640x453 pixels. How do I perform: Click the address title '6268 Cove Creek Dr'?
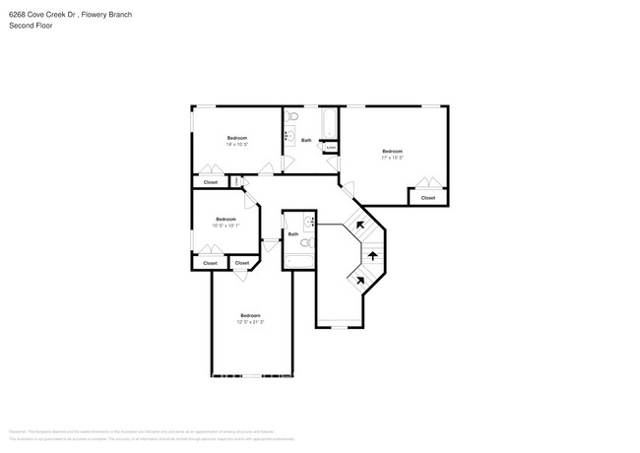pyautogui.click(x=39, y=16)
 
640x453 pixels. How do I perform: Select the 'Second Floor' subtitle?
pyautogui.click(x=31, y=26)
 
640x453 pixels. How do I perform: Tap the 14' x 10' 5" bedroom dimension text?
pyautogui.click(x=237, y=145)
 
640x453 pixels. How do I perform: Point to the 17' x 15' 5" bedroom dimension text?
pyautogui.click(x=392, y=157)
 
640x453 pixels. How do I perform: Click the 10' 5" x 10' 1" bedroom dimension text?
pyautogui.click(x=225, y=226)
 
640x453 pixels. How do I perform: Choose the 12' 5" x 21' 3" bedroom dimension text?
pyautogui.click(x=249, y=321)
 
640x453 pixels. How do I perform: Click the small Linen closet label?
pyautogui.click(x=331, y=150)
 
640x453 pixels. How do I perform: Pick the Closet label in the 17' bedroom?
pyautogui.click(x=427, y=198)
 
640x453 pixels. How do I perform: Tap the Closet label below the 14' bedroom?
pyautogui.click(x=210, y=182)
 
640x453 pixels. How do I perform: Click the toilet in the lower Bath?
pyautogui.click(x=307, y=241)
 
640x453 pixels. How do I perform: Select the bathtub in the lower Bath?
pyautogui.click(x=298, y=261)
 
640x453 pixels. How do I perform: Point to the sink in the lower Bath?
pyautogui.click(x=308, y=221)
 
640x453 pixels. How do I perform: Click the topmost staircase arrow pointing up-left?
pyautogui.click(x=360, y=226)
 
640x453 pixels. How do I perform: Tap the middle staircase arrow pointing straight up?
pyautogui.click(x=372, y=255)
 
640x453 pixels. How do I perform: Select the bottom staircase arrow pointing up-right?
pyautogui.click(x=360, y=280)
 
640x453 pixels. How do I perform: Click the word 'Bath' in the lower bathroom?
pyautogui.click(x=293, y=233)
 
